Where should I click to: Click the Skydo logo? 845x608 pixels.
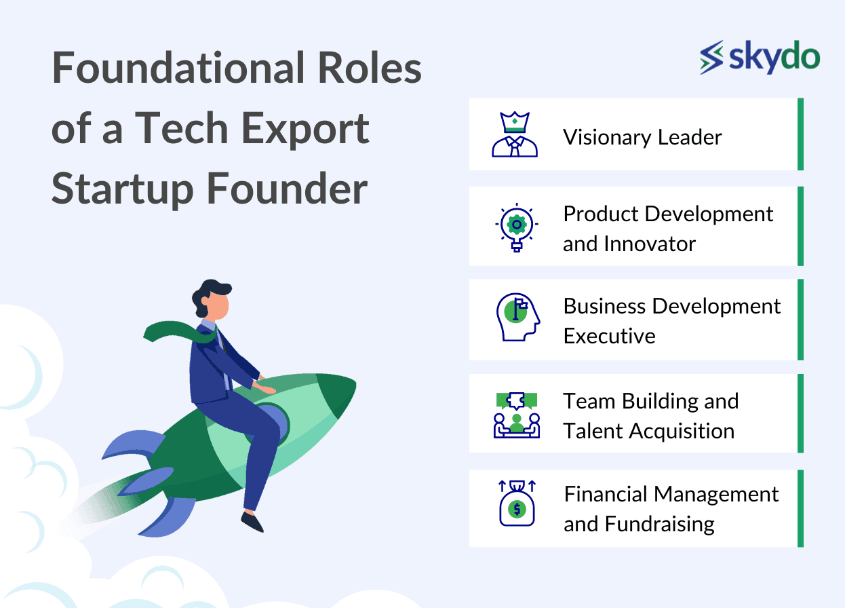760,58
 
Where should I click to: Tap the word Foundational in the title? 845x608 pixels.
178,68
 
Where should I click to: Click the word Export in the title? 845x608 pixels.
304,130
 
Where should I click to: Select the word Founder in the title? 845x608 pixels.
288,189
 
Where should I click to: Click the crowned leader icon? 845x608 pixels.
515,134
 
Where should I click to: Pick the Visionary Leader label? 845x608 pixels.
642,137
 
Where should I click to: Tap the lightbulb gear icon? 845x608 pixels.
517,227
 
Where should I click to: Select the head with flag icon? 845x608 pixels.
518,317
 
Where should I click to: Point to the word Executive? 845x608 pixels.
609,336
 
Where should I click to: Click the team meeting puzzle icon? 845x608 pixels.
517,415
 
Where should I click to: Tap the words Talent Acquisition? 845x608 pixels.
649,432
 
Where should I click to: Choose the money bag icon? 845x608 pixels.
517,503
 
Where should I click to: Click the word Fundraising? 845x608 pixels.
659,525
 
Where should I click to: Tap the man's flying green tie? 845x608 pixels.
180,332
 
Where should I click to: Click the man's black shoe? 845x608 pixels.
252,522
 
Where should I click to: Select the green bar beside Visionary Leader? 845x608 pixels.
800,134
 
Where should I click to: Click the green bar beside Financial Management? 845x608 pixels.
800,508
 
